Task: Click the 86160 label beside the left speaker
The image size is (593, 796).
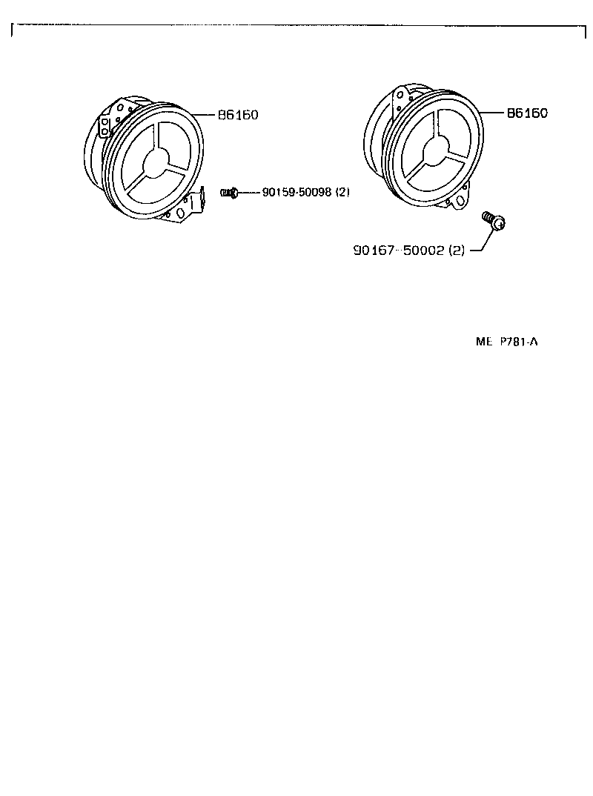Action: coord(238,116)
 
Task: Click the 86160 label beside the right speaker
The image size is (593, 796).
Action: coord(526,113)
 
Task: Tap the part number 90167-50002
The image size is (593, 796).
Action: coord(398,251)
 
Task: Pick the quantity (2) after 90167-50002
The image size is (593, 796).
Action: coord(456,251)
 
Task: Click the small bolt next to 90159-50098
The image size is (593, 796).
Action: coord(228,193)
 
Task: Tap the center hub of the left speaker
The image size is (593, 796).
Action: coord(156,162)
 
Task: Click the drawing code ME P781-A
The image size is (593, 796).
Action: coord(506,342)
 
